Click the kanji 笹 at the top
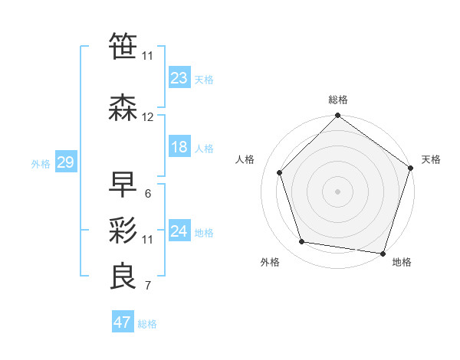pyautogui.click(x=123, y=47)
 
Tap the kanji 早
pyautogui.click(x=123, y=185)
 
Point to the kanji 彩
pyautogui.click(x=123, y=230)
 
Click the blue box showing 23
pyautogui.click(x=179, y=77)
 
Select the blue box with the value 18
pyautogui.click(x=179, y=147)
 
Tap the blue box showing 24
pyautogui.click(x=179, y=231)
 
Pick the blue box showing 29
pyautogui.click(x=65, y=162)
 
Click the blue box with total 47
pyautogui.click(x=123, y=322)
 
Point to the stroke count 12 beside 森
pyautogui.click(x=148, y=117)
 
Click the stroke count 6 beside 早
pyautogui.click(x=147, y=194)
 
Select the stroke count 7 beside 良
pyautogui.click(x=147, y=286)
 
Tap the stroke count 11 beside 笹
pyautogui.click(x=148, y=56)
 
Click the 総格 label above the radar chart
pyautogui.click(x=338, y=100)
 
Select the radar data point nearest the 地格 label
pyautogui.click(x=383, y=253)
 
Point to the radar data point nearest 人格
pyautogui.click(x=280, y=172)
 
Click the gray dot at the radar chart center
pyautogui.click(x=338, y=191)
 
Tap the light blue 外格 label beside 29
pyautogui.click(x=41, y=163)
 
